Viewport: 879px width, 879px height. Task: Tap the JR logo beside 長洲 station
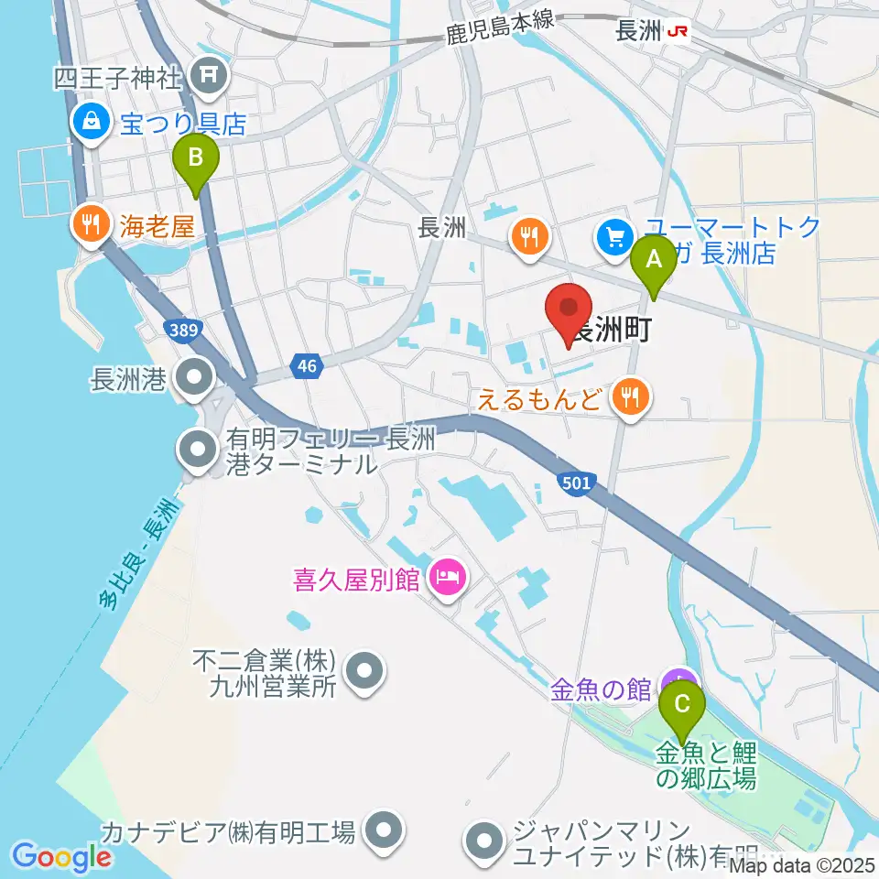point(678,30)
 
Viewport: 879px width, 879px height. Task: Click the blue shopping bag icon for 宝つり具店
point(92,119)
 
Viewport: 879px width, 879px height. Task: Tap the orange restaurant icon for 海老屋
point(90,224)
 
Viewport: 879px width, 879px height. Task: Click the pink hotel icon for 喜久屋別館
point(448,577)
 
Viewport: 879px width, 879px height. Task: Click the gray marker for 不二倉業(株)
point(365,671)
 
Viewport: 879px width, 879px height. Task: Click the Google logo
point(62,856)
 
